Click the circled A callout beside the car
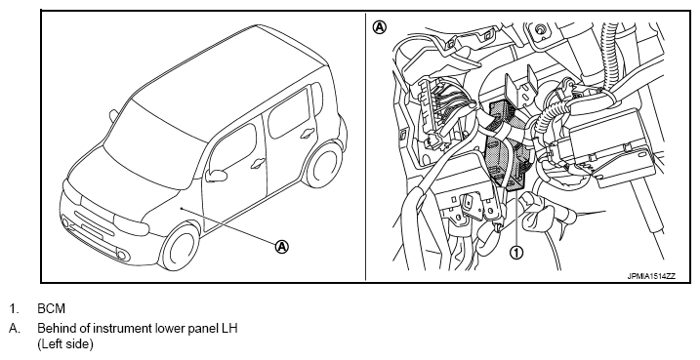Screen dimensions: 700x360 pos(282,246)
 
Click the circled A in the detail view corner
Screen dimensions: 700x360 pos(380,27)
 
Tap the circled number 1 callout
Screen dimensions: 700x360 pos(516,253)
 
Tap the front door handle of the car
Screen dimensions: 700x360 pos(257,164)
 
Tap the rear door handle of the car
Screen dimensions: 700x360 pos(308,133)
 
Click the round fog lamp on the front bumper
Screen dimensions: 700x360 pos(122,256)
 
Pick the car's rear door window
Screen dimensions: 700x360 pos(289,114)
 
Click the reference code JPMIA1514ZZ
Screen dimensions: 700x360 pos(651,276)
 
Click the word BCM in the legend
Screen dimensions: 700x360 pos(52,308)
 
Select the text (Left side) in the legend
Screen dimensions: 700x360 pos(65,344)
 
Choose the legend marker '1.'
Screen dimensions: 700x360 pos(16,308)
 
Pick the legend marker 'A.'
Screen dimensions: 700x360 pos(15,329)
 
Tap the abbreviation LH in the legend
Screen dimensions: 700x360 pos(229,329)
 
